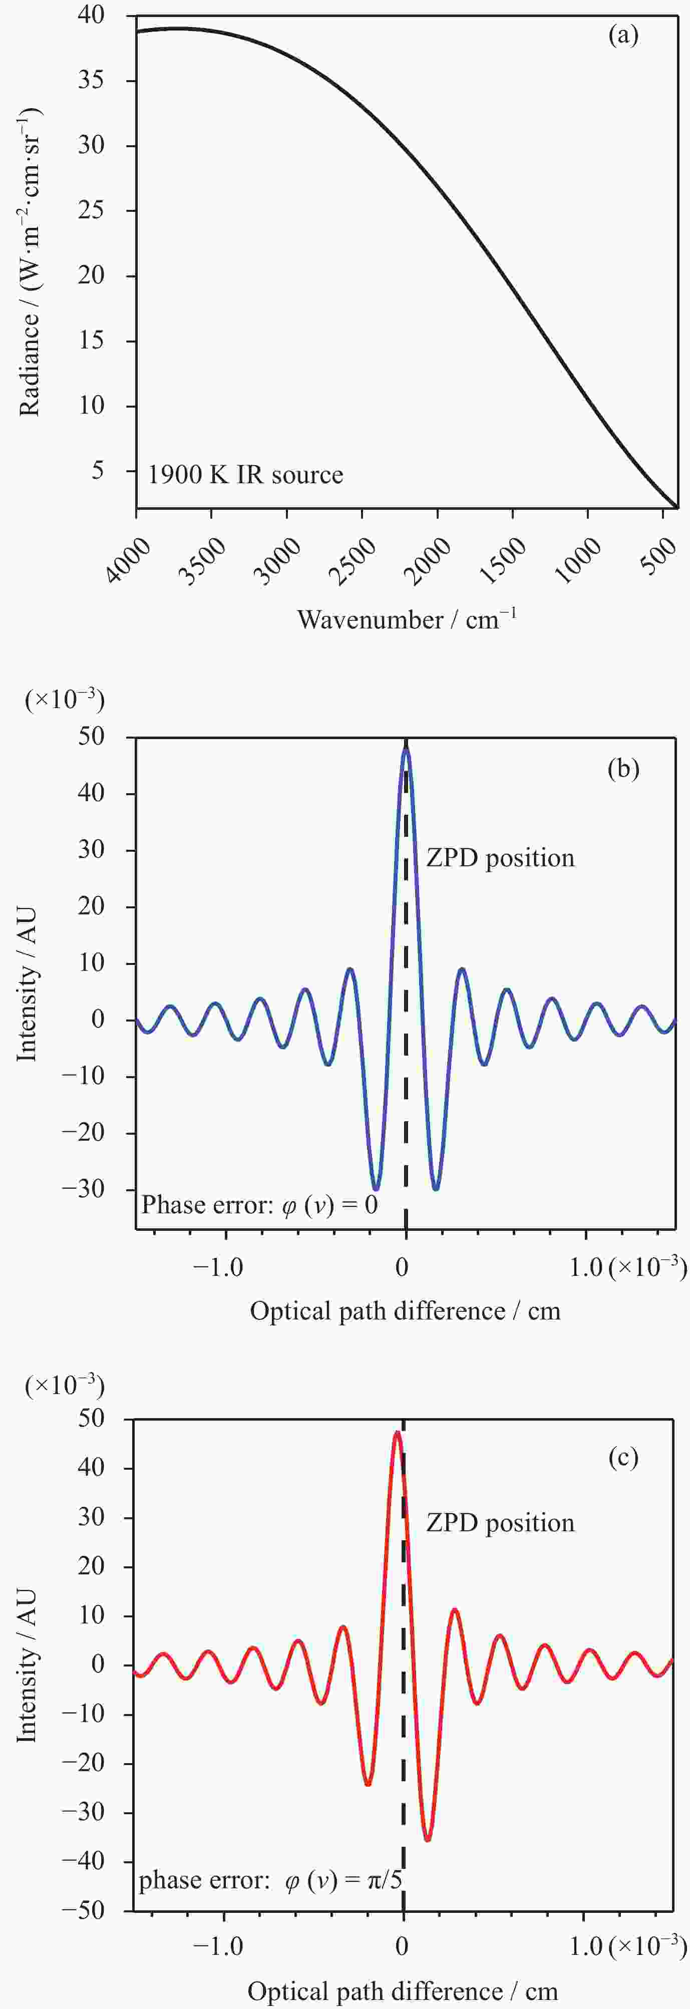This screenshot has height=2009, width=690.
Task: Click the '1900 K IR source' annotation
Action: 245,475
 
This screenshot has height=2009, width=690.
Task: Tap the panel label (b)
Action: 623,769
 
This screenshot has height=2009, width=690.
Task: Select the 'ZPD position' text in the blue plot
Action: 500,858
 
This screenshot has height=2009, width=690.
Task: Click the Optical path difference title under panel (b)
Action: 405,1310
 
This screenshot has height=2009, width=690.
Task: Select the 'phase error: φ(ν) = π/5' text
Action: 270,1880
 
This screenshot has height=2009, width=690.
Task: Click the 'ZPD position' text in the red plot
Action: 500,1523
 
